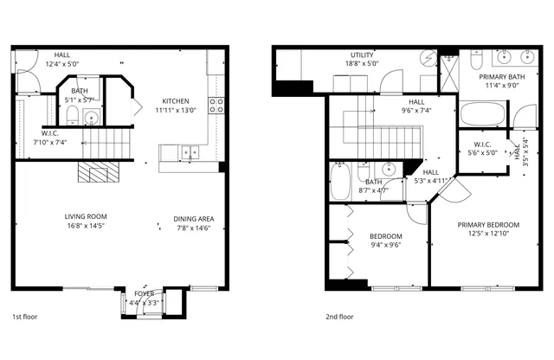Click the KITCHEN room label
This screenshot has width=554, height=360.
coord(176,100)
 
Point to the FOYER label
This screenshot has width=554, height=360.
coord(143,293)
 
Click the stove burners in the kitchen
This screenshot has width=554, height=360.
coord(216,106)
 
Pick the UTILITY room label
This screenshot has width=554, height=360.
coord(362,54)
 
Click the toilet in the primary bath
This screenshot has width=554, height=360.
coord(477,60)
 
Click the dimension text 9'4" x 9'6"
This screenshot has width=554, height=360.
coord(386,245)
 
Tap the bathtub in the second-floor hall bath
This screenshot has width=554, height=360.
coord(340,183)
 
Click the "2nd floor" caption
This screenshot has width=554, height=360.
coord(340,317)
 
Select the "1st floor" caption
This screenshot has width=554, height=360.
coord(24,317)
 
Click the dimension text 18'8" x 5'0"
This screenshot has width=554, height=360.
coord(362,63)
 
